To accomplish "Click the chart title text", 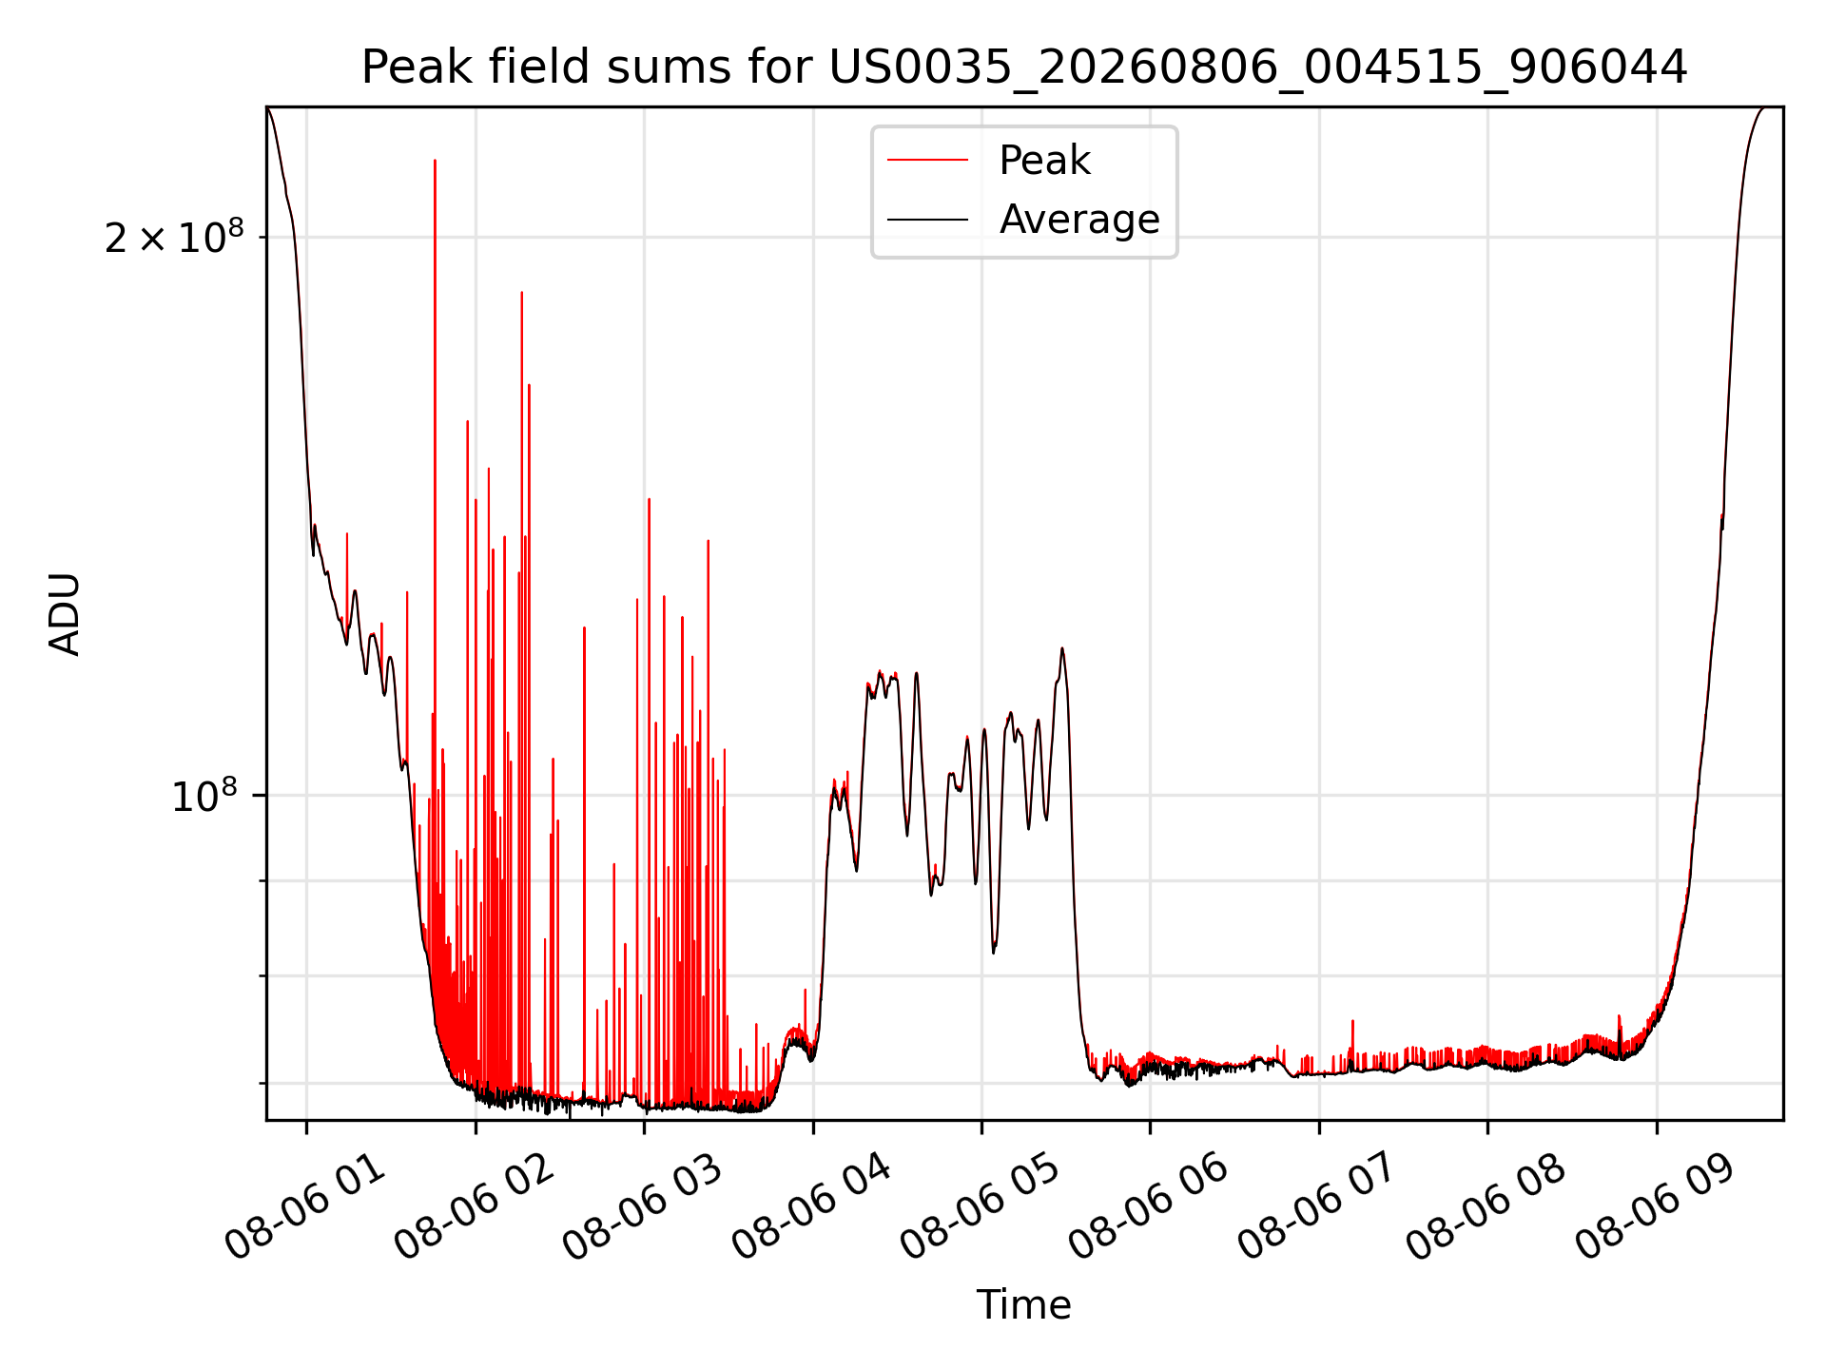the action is (x=1024, y=67).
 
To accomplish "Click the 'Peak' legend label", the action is (x=1044, y=161).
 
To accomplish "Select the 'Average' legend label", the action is (x=1079, y=220).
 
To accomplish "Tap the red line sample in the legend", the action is (x=927, y=161).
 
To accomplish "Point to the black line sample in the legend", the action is (x=927, y=220).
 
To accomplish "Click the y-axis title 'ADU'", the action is (x=66, y=613).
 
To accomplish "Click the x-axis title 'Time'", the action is (x=1024, y=1305).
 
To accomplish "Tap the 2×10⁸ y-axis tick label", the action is (x=174, y=237).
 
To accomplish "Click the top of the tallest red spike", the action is (x=435, y=161).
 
